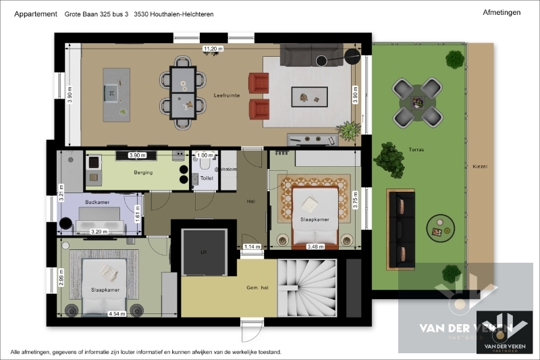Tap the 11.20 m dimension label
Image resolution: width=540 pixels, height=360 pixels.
tap(213, 49)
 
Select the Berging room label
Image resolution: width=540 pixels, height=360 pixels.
tap(143, 173)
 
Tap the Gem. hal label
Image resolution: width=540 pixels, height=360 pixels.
tap(257, 288)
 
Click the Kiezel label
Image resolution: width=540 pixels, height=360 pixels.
tap(480, 166)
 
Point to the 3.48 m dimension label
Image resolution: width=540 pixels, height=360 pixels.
tap(315, 247)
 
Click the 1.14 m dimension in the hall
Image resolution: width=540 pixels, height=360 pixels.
tap(252, 247)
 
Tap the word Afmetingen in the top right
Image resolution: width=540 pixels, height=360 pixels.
tap(502, 12)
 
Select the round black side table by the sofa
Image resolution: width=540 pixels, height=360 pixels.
tap(351, 57)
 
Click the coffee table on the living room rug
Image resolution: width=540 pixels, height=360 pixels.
tap(309, 97)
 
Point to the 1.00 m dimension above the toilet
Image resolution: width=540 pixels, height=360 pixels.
tap(205, 155)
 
